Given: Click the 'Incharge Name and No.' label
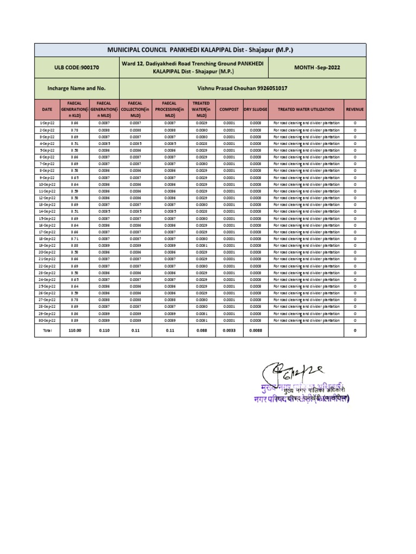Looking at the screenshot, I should tap(76, 88).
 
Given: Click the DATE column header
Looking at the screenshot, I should tap(47, 109).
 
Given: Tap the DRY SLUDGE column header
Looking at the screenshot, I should tap(255, 109).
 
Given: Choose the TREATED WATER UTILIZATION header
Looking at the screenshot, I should tap(306, 109).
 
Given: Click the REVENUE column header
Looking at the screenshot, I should tap(355, 109).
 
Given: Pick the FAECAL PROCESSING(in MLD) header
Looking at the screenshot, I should tap(166, 109).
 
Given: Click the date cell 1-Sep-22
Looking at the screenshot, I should tap(47, 123).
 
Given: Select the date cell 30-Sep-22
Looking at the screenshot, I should tap(47, 320).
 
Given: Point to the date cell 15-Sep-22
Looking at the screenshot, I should tap(47, 219).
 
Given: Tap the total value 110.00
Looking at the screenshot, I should tap(74, 331).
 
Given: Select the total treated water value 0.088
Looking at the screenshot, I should tap(201, 331).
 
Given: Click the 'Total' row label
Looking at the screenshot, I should tap(47, 331).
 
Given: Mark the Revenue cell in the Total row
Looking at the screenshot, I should tap(355, 331).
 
